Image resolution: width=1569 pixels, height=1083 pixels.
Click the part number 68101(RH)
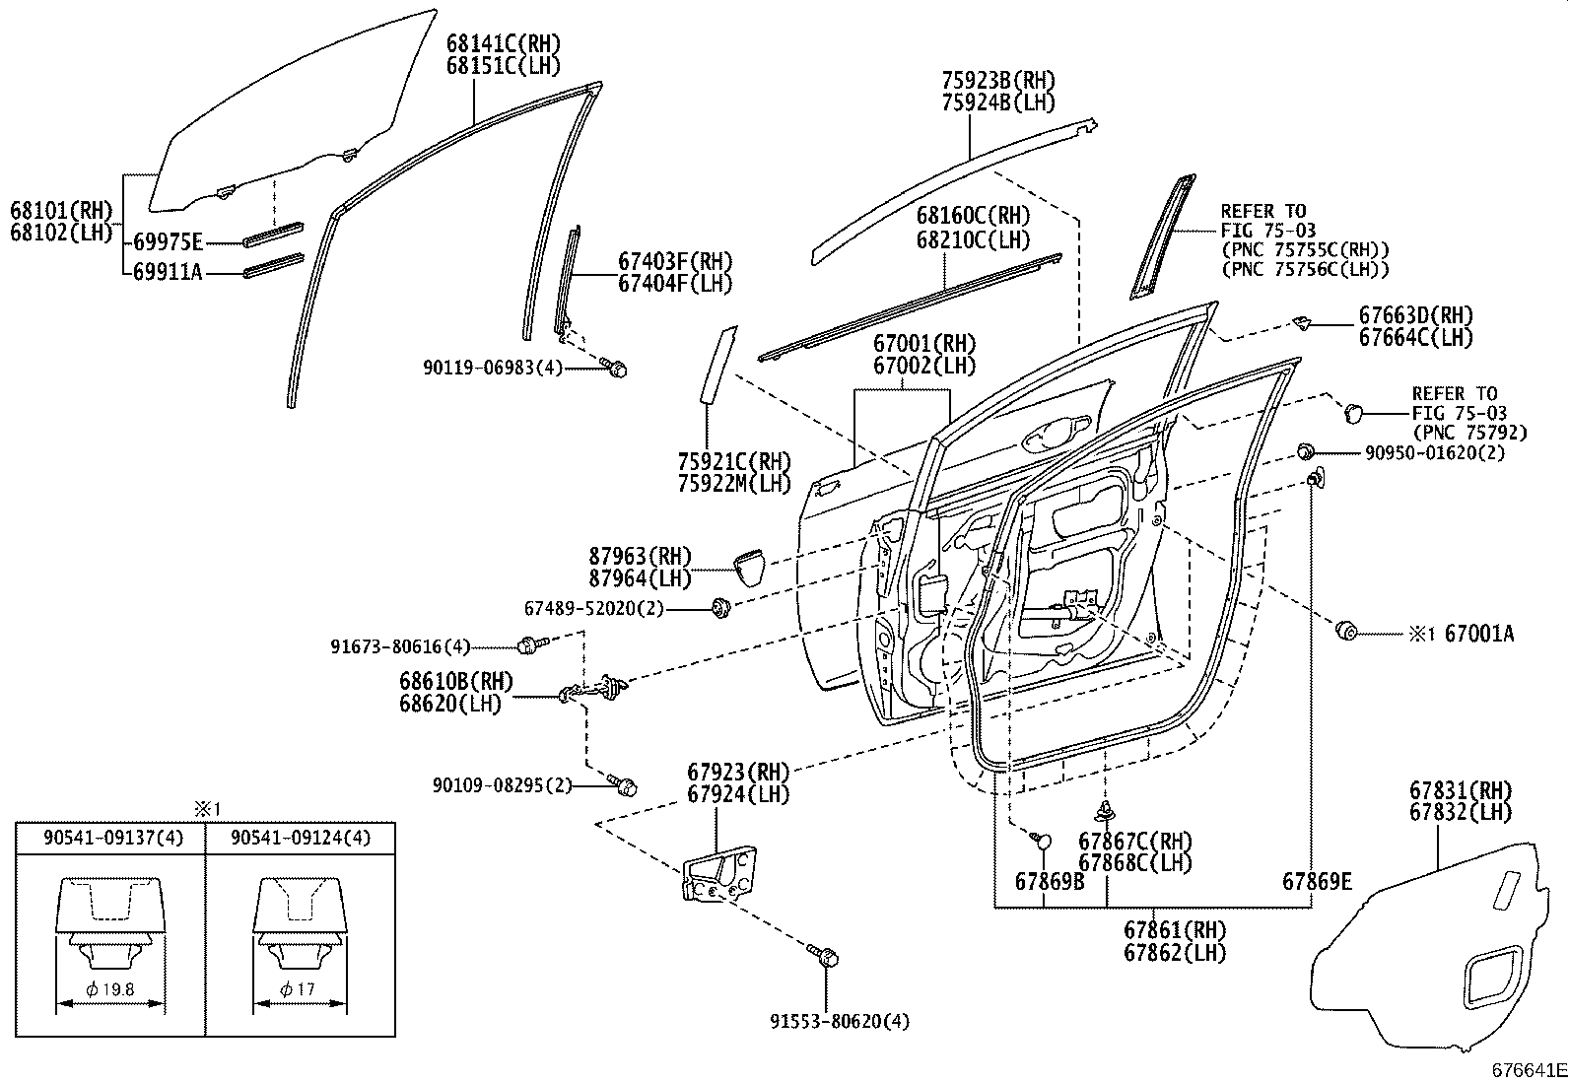tap(61, 210)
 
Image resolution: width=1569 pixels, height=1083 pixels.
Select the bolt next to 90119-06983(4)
tap(617, 369)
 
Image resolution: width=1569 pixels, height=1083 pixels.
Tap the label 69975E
tap(168, 242)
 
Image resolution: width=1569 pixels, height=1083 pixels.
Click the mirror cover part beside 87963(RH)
tap(751, 569)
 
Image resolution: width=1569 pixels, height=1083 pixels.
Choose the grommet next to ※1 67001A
tap(1344, 629)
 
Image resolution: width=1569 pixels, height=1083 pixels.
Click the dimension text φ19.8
tap(110, 988)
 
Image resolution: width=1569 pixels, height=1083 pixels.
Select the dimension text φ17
tap(297, 988)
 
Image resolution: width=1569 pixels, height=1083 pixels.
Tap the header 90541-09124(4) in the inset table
tap(301, 838)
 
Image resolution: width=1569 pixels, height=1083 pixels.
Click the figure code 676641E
tap(1527, 1069)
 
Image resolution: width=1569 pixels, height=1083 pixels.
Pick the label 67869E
tap(1317, 881)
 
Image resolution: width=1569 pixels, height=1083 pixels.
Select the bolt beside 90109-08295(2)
tap(625, 786)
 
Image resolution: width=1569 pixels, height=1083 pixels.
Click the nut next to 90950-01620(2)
tap(1305, 452)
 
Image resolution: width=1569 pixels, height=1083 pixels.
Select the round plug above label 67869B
tap(1043, 840)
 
